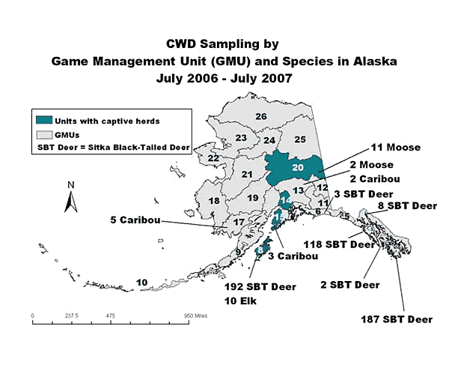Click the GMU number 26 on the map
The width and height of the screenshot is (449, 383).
coord(261,116)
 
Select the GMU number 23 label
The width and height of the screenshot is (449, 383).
coord(241,138)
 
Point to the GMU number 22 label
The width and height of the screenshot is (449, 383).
coord(213,158)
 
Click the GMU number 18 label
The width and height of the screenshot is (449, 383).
coord(213,201)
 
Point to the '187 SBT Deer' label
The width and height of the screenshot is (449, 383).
coord(397,319)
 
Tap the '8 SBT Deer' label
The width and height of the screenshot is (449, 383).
coord(407,205)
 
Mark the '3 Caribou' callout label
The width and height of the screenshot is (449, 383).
coord(293,256)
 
